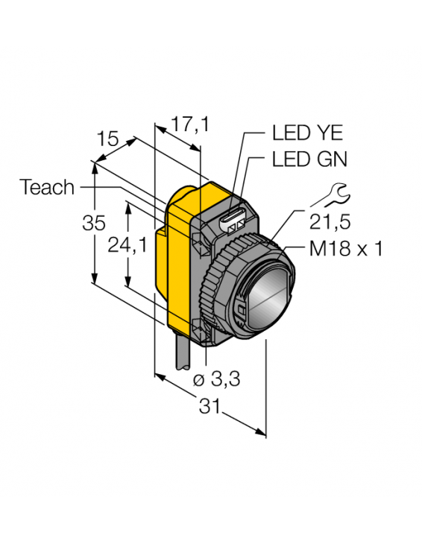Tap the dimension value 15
pyautogui.click(x=108, y=139)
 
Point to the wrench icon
pyautogui.click(x=331, y=195)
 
